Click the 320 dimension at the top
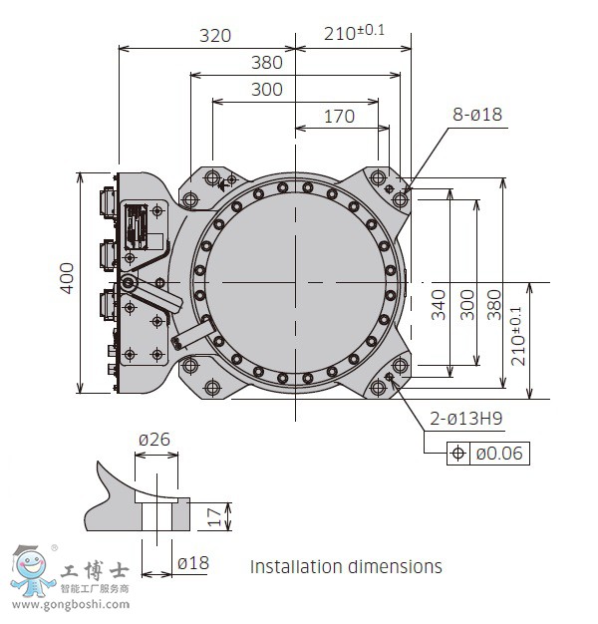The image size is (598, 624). click(214, 35)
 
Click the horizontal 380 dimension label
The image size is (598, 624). click(266, 63)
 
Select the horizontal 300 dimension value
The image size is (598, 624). click(266, 89)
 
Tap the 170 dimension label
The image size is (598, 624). click(339, 116)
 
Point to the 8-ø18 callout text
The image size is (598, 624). click(477, 115)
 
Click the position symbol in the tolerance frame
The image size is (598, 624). click(458, 454)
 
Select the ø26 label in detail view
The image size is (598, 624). click(154, 440)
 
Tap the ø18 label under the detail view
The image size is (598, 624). click(192, 563)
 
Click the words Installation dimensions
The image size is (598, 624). click(346, 566)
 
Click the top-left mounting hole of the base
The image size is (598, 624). click(211, 178)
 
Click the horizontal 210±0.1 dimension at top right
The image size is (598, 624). click(354, 33)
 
